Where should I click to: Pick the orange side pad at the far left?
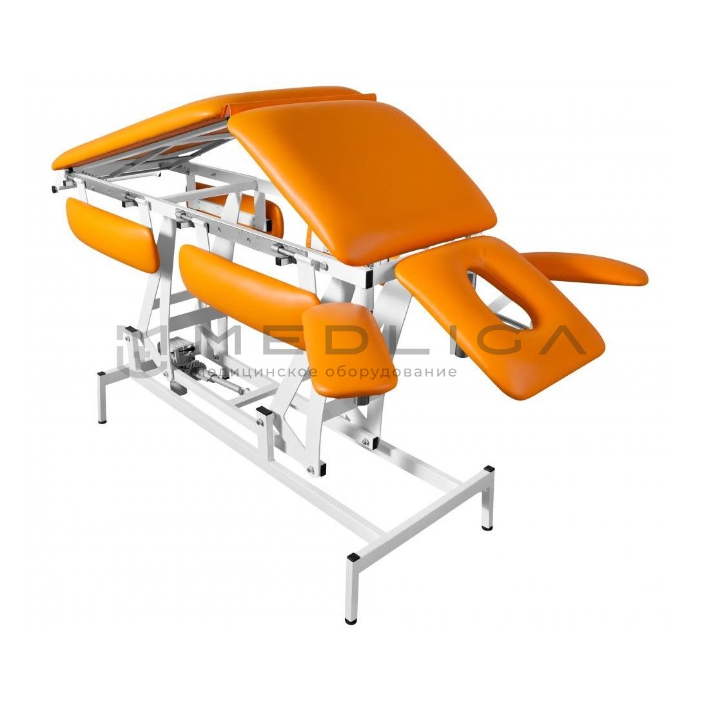tap(112, 233)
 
